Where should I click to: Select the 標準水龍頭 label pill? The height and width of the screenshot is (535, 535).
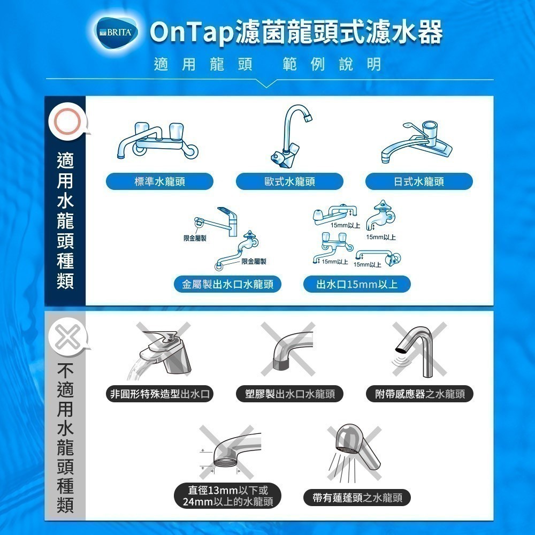(x=159, y=181)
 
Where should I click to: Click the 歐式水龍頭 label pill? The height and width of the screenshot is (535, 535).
(x=289, y=181)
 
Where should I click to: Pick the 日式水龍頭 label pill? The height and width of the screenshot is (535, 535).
(x=419, y=181)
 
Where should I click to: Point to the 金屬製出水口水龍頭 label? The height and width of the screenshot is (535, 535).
(x=227, y=284)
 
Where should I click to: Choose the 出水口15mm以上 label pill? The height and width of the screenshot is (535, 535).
(x=357, y=284)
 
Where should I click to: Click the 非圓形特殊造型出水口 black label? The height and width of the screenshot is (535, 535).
(x=159, y=394)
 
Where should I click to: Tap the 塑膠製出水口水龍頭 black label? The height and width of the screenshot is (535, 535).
(x=289, y=394)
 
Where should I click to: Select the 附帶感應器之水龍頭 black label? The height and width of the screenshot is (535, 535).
(x=419, y=394)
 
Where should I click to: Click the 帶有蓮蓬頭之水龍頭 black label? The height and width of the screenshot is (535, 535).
(x=357, y=498)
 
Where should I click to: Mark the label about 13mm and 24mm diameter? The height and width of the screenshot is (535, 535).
(x=227, y=496)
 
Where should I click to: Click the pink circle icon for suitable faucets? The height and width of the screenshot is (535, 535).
(x=67, y=121)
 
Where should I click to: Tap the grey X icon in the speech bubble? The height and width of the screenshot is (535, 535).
(x=67, y=337)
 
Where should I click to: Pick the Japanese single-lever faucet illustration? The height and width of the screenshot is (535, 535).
(x=417, y=142)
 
